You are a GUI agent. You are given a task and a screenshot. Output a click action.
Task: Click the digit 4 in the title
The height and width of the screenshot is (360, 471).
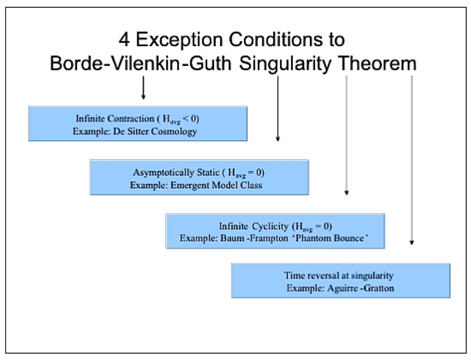[124, 39]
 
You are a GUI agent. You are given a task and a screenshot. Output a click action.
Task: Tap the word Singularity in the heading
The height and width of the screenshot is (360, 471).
[285, 64]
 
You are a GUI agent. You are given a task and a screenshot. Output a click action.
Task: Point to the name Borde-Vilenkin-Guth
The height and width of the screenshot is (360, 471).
[141, 63]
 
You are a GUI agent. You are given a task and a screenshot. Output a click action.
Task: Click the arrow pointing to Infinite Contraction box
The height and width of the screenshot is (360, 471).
[143, 87]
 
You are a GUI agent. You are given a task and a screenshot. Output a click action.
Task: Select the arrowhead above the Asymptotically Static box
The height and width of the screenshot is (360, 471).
[278, 139]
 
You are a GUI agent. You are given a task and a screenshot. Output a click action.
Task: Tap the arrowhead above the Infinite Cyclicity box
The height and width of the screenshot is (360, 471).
[346, 193]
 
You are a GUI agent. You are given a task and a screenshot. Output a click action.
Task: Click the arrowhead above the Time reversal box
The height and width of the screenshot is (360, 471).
[412, 243]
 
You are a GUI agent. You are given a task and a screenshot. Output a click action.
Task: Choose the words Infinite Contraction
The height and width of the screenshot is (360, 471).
[115, 118]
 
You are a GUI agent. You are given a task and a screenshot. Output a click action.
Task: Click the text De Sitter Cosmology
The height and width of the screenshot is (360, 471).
[155, 131]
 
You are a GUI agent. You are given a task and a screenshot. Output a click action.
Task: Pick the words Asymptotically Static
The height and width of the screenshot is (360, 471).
[176, 172]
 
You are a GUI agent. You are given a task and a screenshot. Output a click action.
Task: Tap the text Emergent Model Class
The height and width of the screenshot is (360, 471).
[216, 185]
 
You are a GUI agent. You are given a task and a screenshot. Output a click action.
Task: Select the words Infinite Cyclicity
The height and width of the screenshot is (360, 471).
[253, 226]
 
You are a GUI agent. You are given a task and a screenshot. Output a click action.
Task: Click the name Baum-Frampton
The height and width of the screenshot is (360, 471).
[254, 239]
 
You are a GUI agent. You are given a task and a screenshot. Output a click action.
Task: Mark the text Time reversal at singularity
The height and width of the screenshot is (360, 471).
[339, 275]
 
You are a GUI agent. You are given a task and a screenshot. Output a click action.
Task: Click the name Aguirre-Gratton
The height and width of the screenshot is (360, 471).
[361, 288]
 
